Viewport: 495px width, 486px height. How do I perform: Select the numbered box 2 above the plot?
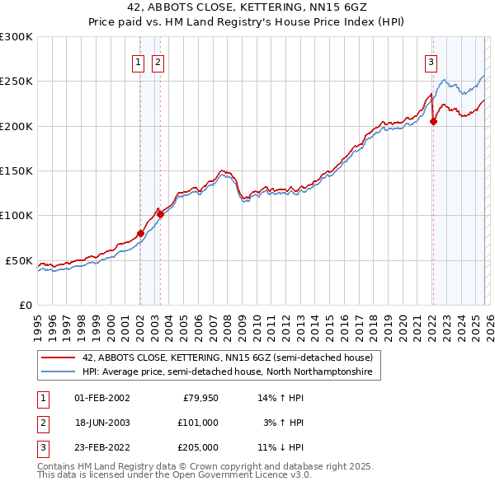[157, 60]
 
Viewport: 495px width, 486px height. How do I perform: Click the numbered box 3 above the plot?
[430, 60]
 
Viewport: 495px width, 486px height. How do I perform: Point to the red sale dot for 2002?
[140, 234]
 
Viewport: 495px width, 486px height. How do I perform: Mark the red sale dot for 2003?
[160, 215]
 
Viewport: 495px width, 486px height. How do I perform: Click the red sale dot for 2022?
[434, 122]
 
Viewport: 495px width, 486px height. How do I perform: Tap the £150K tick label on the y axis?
[16, 171]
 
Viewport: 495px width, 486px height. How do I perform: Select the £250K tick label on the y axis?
[16, 82]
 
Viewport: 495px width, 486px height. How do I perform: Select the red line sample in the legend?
[59, 357]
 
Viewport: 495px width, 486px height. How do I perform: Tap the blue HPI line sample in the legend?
[59, 372]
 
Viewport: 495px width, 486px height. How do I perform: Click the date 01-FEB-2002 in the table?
[102, 398]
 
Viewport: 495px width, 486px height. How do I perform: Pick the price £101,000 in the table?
[197, 423]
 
